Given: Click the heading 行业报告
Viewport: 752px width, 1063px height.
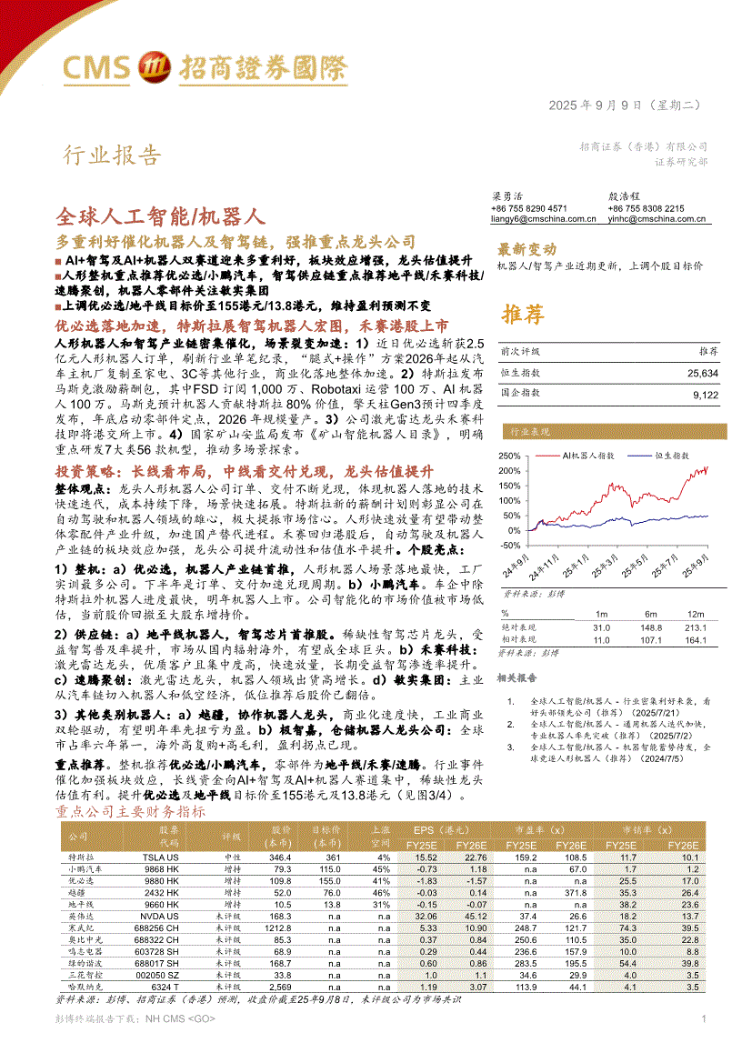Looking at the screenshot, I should point(112,156).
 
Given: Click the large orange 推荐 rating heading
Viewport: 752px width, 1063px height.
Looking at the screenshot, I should point(523,315).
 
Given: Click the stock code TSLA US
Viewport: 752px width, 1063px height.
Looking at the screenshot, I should point(162,857).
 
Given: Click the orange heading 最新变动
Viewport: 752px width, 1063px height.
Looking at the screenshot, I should point(526,249).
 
